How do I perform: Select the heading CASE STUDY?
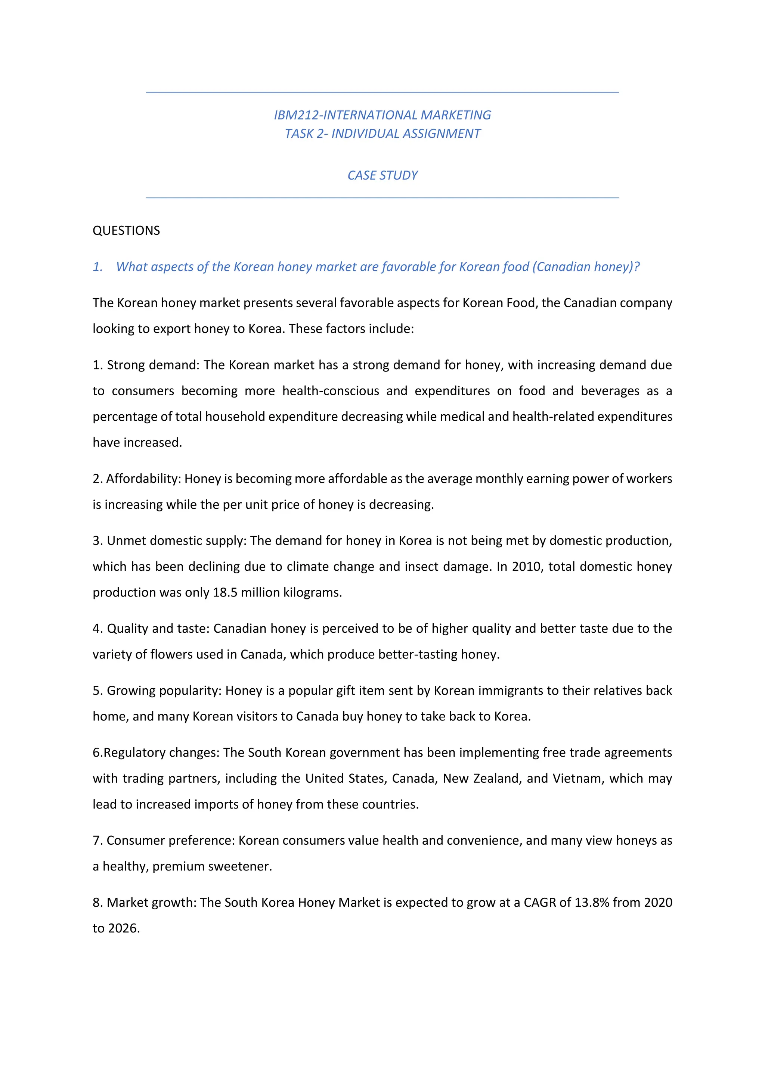[382, 175]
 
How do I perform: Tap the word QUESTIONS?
[126, 231]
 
